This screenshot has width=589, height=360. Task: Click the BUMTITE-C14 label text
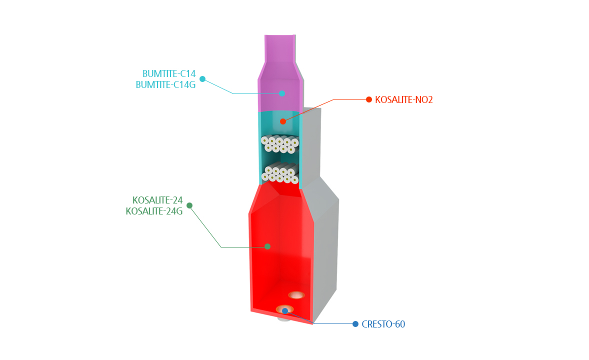[x=169, y=73]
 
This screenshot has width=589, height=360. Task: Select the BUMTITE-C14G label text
[x=165, y=85]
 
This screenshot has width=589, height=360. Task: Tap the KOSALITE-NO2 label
[x=404, y=99]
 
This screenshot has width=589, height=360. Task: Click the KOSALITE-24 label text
[x=157, y=200]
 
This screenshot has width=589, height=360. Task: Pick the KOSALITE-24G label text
[x=154, y=211]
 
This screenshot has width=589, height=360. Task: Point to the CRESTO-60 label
[x=383, y=324]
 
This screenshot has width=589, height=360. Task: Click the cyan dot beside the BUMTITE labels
[x=202, y=79]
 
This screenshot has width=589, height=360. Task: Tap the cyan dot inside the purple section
[x=282, y=93]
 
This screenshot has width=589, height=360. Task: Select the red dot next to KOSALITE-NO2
[x=369, y=99]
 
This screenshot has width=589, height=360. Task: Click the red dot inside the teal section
[x=283, y=121]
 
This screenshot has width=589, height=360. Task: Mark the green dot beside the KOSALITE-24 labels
[x=189, y=205]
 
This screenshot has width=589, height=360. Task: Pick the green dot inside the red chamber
[x=267, y=246]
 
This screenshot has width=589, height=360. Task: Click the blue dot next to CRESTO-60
[x=355, y=324]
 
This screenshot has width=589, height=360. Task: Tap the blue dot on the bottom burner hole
[x=284, y=311]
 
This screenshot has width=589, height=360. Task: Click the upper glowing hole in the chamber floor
[x=296, y=295]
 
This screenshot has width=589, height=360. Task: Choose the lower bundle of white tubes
[x=280, y=173]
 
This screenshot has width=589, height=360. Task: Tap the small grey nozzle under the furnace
[x=284, y=319]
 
